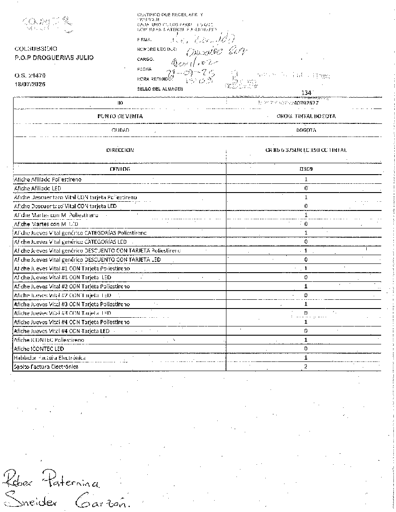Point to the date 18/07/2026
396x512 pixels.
coord(30,84)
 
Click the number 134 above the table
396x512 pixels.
coord(306,93)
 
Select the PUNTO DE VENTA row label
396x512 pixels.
coord(120,116)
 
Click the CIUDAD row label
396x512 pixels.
coord(120,130)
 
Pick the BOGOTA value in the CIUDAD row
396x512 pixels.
coord(306,130)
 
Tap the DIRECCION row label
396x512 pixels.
coord(120,150)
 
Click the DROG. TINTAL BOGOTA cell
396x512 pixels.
coord(306,116)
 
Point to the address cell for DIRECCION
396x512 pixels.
coord(306,150)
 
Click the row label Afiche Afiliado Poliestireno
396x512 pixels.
coord(48,179)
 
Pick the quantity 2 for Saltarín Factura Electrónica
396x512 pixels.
coord(306,367)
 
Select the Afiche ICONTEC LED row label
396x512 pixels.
coord(39,349)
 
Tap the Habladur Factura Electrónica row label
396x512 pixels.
coord(50,358)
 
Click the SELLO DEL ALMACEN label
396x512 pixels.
coord(160,89)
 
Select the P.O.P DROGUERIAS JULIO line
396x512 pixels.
coord(54,57)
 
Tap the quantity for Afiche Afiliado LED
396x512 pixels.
coord(306,188)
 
